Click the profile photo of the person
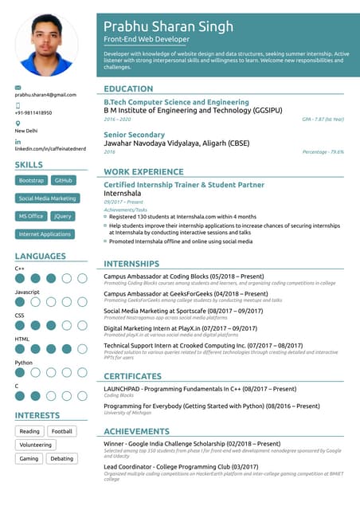point(47,45)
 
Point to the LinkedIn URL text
point(49,148)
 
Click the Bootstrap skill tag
point(32,181)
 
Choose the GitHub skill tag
point(64,181)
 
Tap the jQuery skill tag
point(63,216)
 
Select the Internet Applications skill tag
point(45,234)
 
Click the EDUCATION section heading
point(128,89)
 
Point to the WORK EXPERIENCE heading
point(143,172)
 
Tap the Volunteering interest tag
point(35,445)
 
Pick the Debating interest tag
point(61,459)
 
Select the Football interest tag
point(61,431)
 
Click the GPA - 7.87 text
point(323,119)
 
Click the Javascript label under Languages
point(27,292)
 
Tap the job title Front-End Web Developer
point(147,39)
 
